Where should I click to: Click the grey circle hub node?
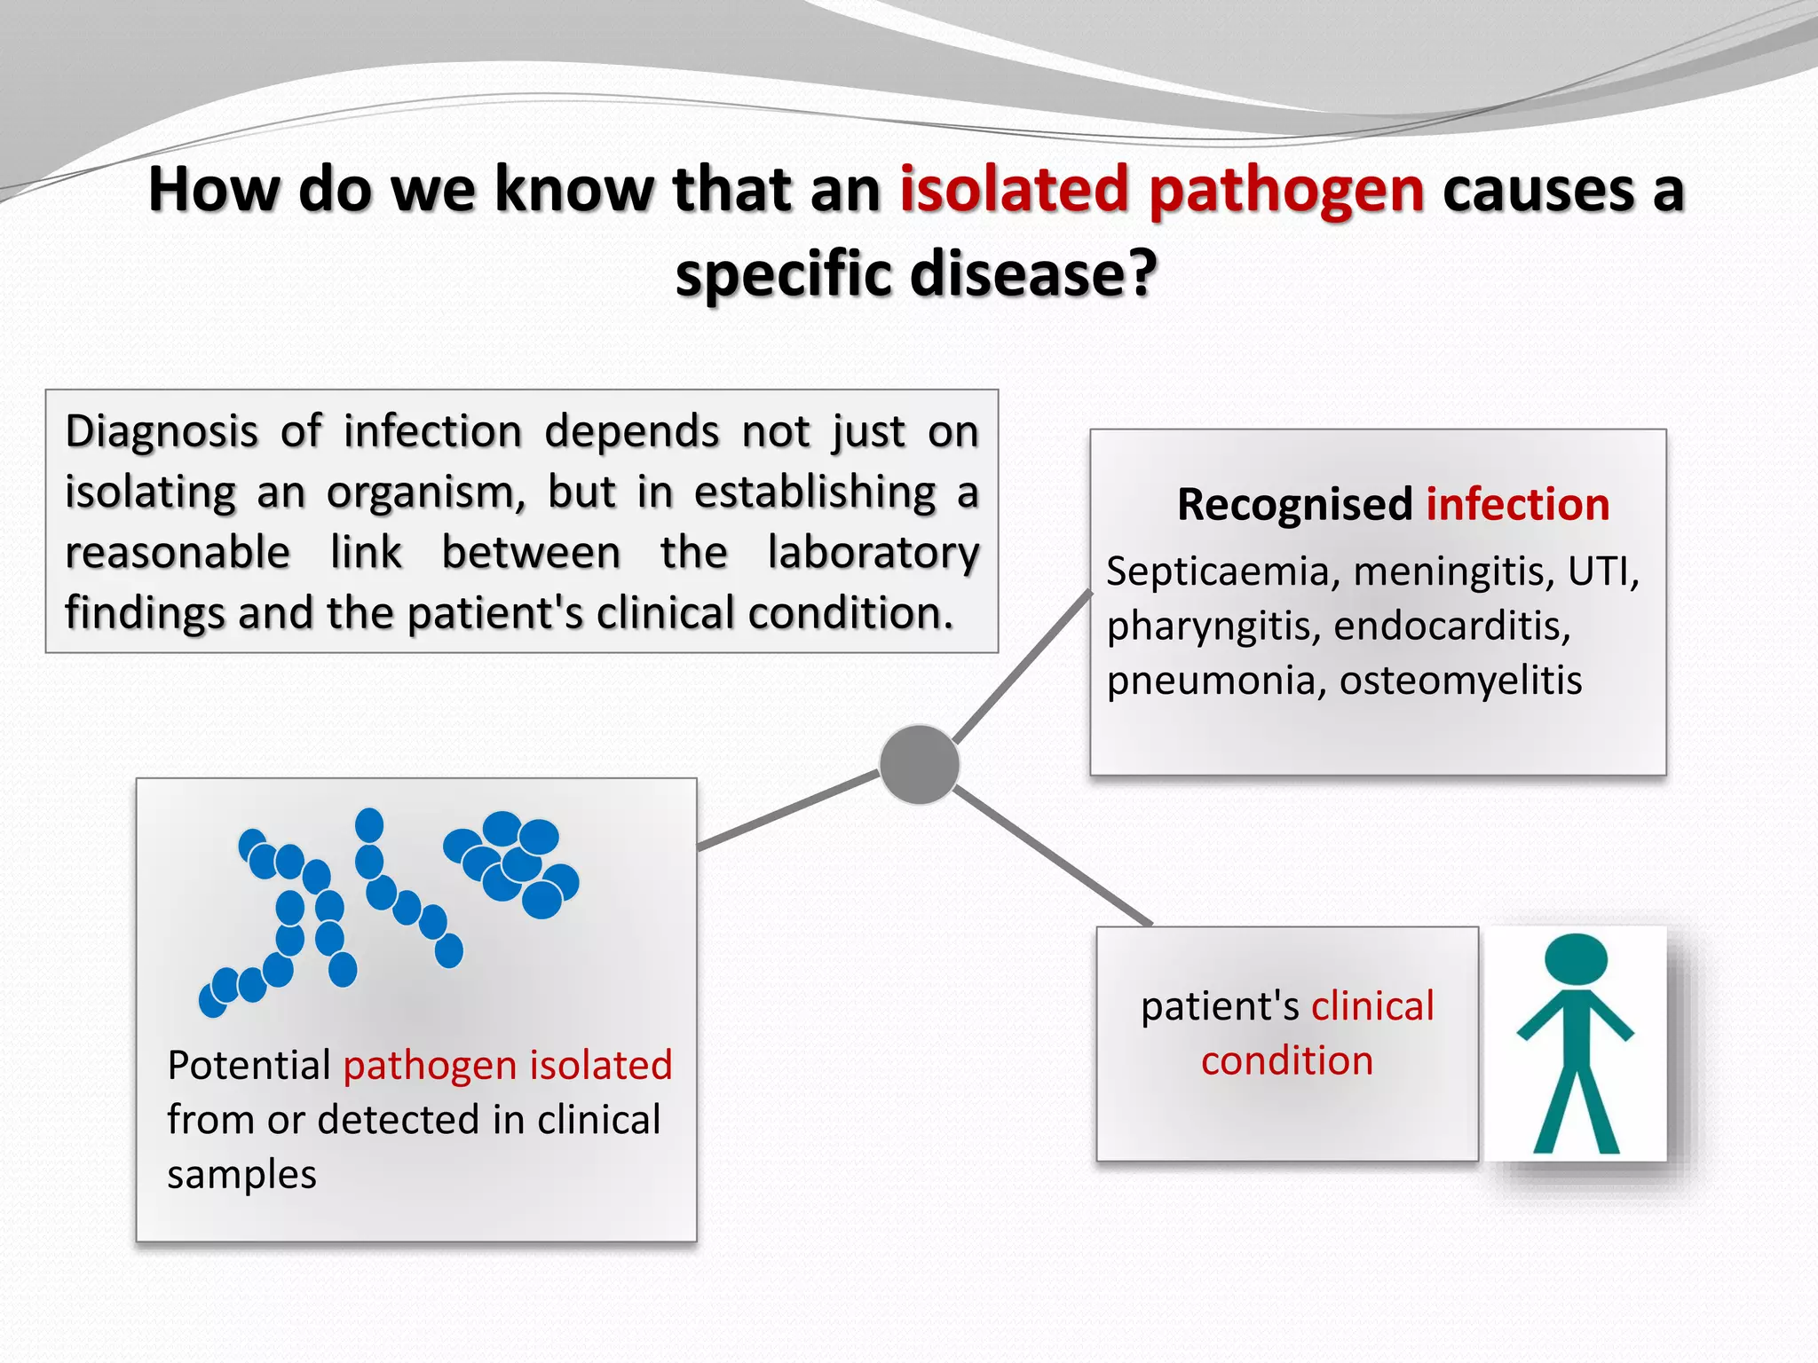[x=919, y=764]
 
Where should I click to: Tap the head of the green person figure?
[x=1576, y=958]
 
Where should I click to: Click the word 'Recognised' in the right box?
[x=1294, y=504]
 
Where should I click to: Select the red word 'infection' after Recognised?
[x=1517, y=504]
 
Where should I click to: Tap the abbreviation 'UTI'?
[x=1602, y=571]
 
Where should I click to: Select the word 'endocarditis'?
[x=1452, y=626]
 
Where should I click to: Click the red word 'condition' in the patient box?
[x=1287, y=1061]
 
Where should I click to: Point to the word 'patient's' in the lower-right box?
[x=1220, y=1006]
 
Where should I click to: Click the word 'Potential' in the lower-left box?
[x=249, y=1065]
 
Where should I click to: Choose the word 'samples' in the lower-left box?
[x=241, y=1175]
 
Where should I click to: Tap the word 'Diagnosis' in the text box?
[x=162, y=432]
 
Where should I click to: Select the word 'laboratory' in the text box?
[x=873, y=553]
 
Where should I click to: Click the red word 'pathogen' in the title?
[x=1286, y=190]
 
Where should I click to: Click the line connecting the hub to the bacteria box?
[x=788, y=811]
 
